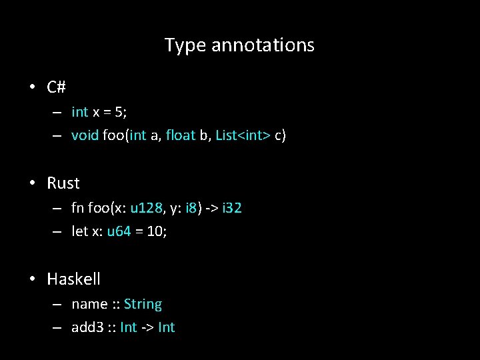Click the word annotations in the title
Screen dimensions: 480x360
(x=263, y=45)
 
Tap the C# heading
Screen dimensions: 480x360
(x=56, y=87)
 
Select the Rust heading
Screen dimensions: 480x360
(x=63, y=183)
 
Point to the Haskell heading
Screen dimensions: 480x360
(x=73, y=279)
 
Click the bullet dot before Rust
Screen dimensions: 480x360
(x=32, y=183)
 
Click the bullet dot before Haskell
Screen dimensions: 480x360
(x=32, y=279)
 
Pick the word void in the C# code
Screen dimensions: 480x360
(x=85, y=136)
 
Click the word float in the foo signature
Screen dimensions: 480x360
(x=180, y=136)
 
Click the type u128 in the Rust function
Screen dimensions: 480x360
(x=147, y=208)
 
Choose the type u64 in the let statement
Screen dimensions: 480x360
(x=119, y=232)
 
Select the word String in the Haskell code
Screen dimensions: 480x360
(x=143, y=304)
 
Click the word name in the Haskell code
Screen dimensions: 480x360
(x=89, y=304)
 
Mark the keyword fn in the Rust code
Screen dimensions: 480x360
(x=77, y=208)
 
